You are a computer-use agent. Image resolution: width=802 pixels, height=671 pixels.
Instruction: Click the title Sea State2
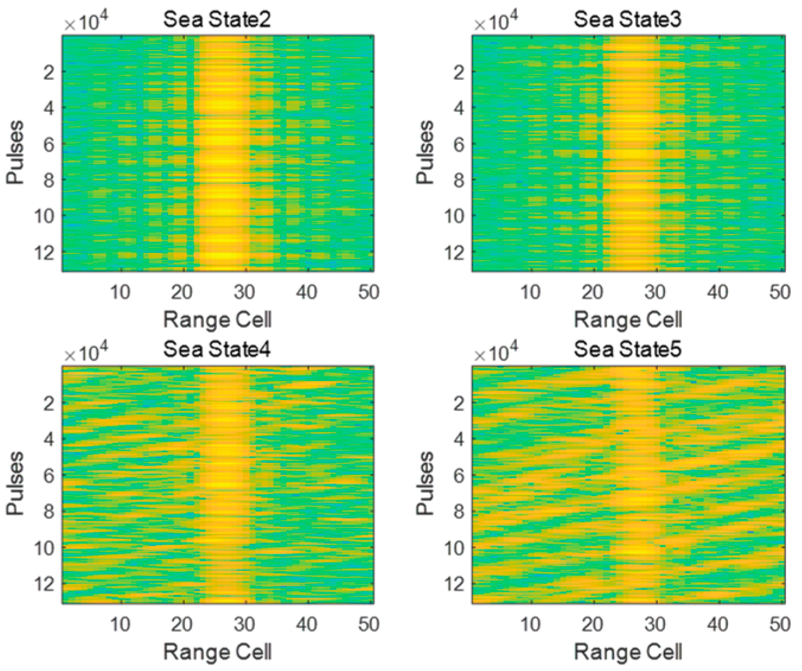click(217, 20)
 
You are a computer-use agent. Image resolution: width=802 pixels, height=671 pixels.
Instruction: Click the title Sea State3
click(627, 20)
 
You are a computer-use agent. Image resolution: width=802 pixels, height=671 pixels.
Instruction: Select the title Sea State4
click(217, 349)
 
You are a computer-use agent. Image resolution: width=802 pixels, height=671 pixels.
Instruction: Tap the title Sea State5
click(627, 349)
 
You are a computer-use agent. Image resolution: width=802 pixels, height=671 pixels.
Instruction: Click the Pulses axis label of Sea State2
click(15, 152)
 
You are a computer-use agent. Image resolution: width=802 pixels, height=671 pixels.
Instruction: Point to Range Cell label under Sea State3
click(628, 320)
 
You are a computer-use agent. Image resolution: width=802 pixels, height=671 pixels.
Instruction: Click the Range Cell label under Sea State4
click(217, 651)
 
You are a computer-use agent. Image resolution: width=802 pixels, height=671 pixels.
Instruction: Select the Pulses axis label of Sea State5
click(426, 483)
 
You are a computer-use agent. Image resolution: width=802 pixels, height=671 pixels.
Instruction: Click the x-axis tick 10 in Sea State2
click(120, 292)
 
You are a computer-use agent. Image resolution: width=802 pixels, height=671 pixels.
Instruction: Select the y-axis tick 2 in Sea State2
click(49, 72)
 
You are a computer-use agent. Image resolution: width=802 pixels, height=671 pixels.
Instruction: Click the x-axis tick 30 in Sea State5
click(655, 624)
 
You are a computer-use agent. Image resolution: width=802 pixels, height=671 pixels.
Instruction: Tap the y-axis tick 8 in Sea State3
click(459, 180)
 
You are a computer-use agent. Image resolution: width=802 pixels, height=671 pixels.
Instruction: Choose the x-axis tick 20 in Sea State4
click(182, 624)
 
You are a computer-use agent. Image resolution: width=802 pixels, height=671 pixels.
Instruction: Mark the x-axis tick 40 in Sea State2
click(306, 292)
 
